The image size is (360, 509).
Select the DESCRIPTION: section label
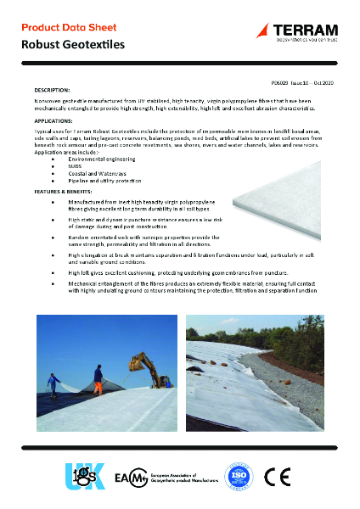coord(52,89)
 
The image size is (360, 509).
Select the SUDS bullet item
coord(76,166)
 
